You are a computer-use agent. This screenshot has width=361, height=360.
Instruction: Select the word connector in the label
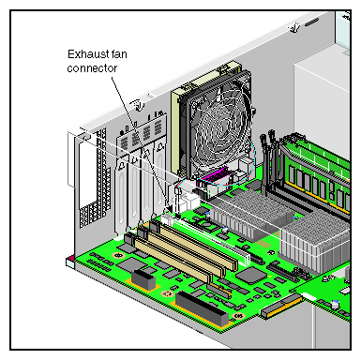(92, 68)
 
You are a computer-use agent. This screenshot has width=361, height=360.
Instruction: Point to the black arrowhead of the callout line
(169, 209)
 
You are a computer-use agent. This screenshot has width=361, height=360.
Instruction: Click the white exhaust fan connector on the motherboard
(168, 219)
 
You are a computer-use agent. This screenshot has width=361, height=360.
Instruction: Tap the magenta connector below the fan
(215, 175)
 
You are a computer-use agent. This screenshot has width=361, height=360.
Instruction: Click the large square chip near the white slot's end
(249, 276)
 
